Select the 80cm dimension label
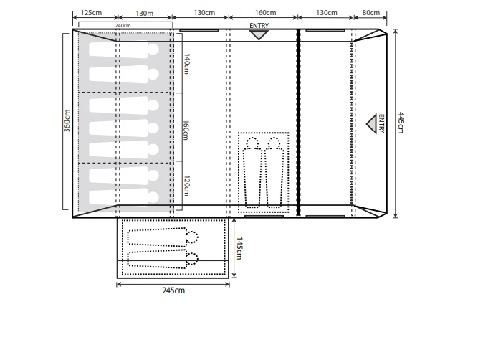[371, 14]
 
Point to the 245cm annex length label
[173, 290]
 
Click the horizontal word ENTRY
[259, 25]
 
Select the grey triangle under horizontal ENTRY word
[259, 34]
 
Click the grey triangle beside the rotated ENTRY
[372, 124]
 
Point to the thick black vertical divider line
[298, 122]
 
